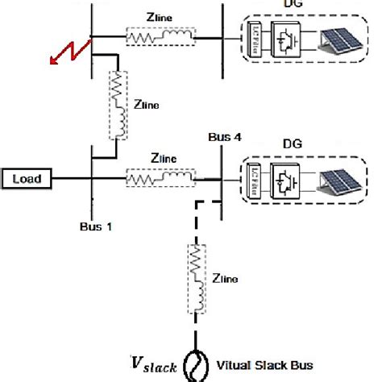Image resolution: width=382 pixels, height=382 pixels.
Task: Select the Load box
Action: [x=27, y=178]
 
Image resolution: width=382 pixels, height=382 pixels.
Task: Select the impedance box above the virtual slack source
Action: [x=194, y=277]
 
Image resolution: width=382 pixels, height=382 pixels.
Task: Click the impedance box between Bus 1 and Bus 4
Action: [x=160, y=177]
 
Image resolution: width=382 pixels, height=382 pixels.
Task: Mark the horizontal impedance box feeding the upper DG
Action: [x=160, y=36]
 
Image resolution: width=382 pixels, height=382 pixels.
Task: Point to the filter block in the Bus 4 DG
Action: [x=249, y=179]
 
